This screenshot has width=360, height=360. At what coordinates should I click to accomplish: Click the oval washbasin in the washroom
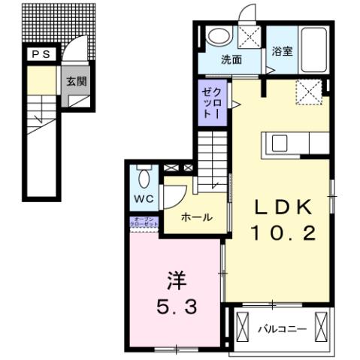(x=219, y=35)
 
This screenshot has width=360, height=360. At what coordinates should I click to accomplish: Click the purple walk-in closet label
(x=210, y=104)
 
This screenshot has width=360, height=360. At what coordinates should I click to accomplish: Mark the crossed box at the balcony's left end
(x=242, y=327)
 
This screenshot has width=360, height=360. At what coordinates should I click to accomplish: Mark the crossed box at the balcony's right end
(x=322, y=327)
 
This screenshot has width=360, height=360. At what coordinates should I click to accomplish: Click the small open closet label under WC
(x=143, y=222)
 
